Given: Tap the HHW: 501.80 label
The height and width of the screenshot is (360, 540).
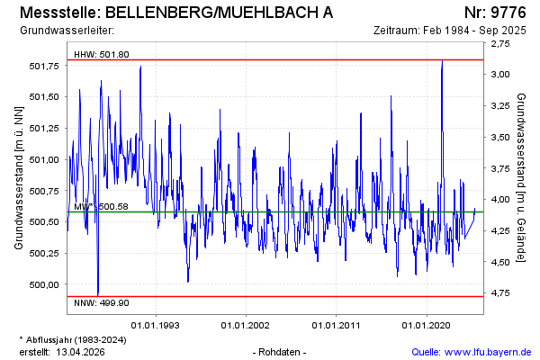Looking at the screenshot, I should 102,54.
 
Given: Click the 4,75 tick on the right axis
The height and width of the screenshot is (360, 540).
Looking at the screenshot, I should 502,293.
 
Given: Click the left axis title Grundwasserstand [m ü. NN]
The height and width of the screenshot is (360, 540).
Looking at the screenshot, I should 19,176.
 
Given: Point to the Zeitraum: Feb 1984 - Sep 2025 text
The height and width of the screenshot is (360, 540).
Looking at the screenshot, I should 449,30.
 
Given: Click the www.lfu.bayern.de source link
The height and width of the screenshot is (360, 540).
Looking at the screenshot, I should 490,351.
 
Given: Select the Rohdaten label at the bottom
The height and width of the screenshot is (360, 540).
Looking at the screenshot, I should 281,351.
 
